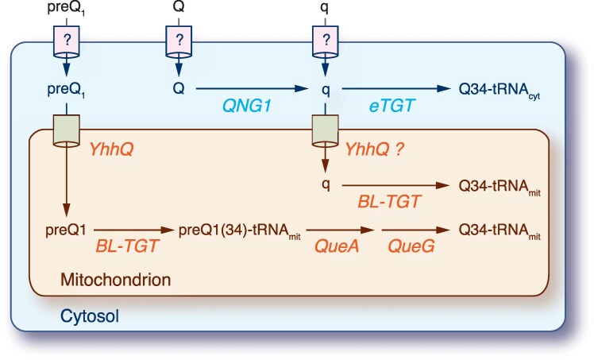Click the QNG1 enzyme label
(x=247, y=106)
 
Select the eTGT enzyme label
(x=392, y=106)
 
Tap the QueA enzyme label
(x=337, y=246)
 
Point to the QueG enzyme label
(x=411, y=246)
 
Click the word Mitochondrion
(x=115, y=280)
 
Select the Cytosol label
(x=90, y=316)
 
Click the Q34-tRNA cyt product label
(x=499, y=90)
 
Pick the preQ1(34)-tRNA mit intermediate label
(x=239, y=230)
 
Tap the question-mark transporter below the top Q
(x=179, y=41)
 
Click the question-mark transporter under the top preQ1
(x=67, y=41)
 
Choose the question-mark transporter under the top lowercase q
(x=325, y=41)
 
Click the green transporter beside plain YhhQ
(x=67, y=131)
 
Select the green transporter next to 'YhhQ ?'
(x=325, y=131)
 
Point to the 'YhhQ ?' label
(x=374, y=149)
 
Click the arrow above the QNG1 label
(x=252, y=89)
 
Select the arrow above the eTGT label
(x=396, y=89)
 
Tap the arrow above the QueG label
(x=415, y=230)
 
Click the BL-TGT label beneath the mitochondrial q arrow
(x=389, y=202)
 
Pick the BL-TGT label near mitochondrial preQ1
(x=126, y=246)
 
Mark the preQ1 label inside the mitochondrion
(x=66, y=230)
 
